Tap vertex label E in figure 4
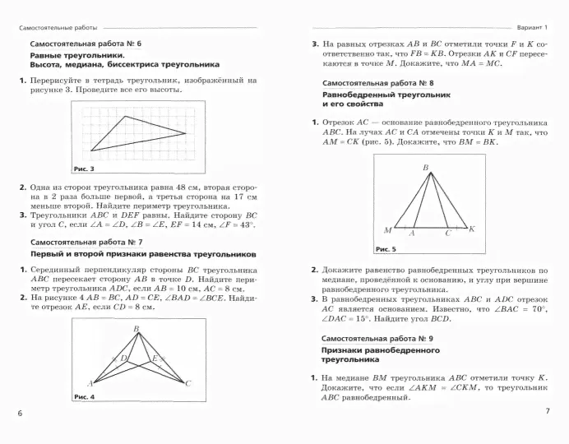153,358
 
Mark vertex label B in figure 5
426,169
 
